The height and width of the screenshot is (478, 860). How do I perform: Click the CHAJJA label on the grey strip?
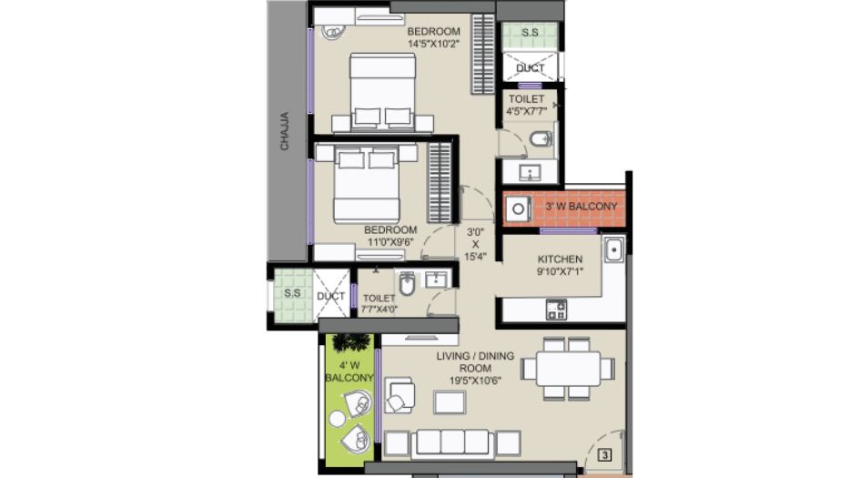point(284,131)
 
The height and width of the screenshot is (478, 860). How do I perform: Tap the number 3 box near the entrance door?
point(604,455)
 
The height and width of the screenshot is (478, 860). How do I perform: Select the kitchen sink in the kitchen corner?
point(613,250)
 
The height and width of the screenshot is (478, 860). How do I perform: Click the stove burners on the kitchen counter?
point(556,310)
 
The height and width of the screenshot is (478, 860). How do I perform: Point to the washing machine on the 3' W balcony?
point(518,209)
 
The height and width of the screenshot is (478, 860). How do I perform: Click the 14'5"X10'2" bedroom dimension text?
point(433,44)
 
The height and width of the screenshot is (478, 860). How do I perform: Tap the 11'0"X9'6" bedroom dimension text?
point(390,241)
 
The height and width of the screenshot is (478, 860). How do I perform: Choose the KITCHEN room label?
point(560,259)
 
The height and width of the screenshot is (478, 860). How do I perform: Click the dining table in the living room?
point(568,369)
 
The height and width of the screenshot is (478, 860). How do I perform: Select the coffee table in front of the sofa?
point(450,402)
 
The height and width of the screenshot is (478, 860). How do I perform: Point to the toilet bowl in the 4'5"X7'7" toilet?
point(541,139)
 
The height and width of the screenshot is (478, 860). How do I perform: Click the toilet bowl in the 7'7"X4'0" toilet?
point(407,284)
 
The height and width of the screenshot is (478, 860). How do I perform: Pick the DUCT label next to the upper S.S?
point(530,68)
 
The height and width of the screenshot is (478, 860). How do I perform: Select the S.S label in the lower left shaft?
point(292,293)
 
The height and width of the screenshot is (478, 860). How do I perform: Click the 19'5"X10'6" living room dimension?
point(475,381)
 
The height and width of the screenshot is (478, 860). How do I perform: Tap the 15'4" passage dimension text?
point(475,256)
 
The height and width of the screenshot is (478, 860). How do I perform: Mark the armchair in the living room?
point(400,395)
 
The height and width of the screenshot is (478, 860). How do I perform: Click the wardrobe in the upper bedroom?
point(483,54)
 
